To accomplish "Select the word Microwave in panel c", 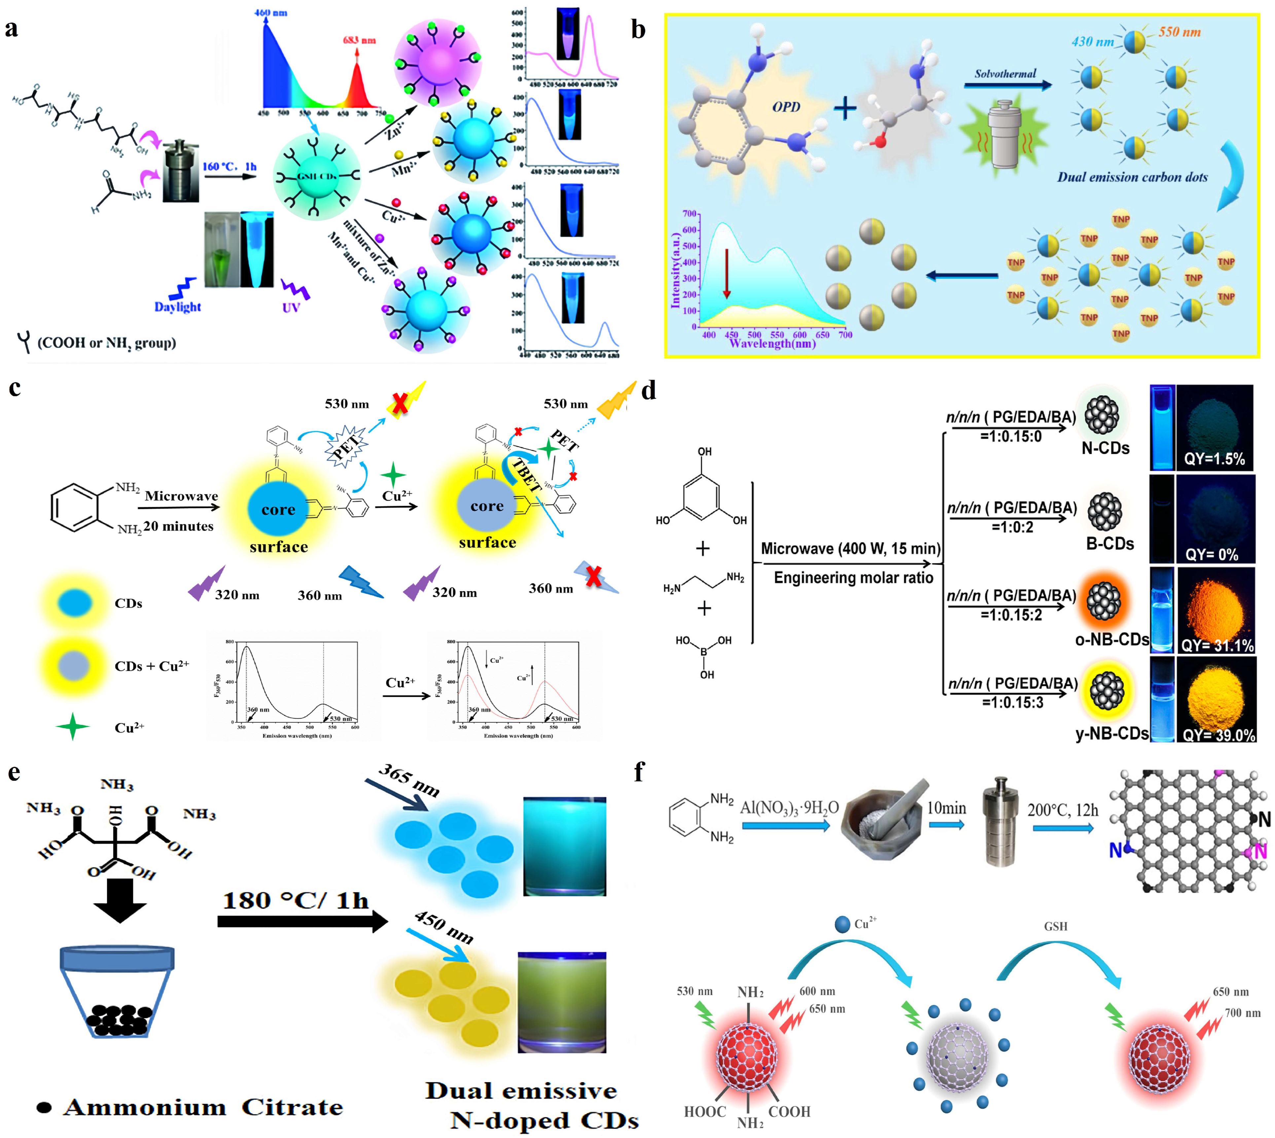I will pos(181,496).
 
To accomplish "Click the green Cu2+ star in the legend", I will pos(73,727).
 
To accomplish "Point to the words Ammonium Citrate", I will pos(203,1107).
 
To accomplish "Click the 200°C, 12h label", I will pos(1062,811).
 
